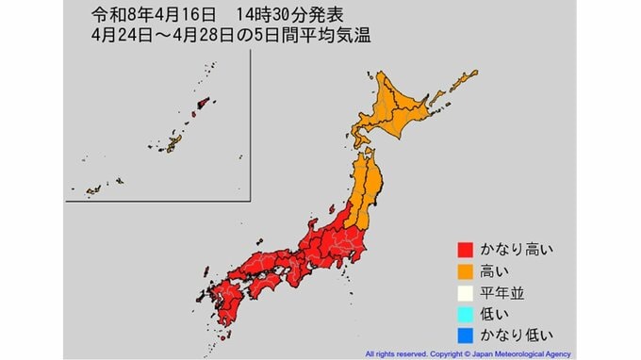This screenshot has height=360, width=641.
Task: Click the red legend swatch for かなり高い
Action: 464,251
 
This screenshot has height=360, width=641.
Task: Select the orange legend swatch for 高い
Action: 464,271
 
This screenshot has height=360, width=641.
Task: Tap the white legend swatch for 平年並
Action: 464,292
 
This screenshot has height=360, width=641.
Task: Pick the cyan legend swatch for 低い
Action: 464,313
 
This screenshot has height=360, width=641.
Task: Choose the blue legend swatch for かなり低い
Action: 464,334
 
